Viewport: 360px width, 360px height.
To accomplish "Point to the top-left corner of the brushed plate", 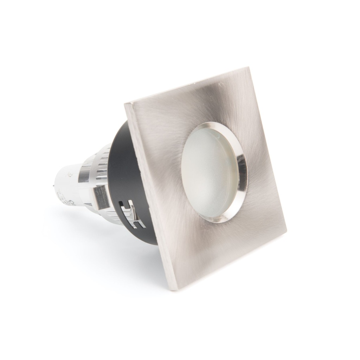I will click(126, 104).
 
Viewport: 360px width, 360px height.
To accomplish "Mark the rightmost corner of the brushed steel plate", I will click(286, 232).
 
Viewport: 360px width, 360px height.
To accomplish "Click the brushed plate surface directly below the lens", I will click(214, 246).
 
